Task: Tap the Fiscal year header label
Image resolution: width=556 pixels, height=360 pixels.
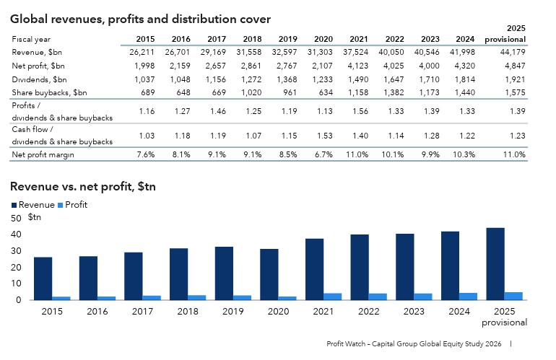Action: [30, 39]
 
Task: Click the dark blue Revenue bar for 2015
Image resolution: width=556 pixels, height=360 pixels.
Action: [43, 278]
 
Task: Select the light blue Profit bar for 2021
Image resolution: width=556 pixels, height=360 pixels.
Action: [332, 296]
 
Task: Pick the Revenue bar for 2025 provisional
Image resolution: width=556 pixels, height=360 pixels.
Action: [495, 263]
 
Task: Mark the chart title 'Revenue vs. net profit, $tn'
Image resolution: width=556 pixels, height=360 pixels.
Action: [83, 187]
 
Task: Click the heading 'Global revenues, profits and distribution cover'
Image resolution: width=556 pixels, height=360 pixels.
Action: [141, 19]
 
